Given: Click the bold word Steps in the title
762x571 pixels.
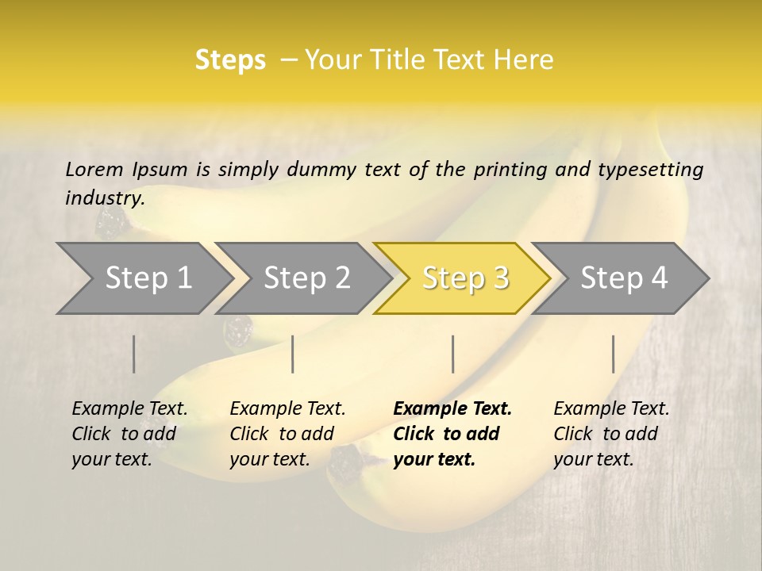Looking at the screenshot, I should [230, 60].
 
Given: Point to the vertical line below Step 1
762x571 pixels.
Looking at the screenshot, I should [134, 354].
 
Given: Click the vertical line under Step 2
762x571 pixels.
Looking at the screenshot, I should [293, 354].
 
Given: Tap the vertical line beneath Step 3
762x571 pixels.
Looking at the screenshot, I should [453, 354].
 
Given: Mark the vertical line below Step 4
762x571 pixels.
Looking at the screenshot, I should [614, 354].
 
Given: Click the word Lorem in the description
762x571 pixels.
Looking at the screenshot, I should [94, 169].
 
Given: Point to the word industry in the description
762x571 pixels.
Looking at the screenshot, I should [105, 198].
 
